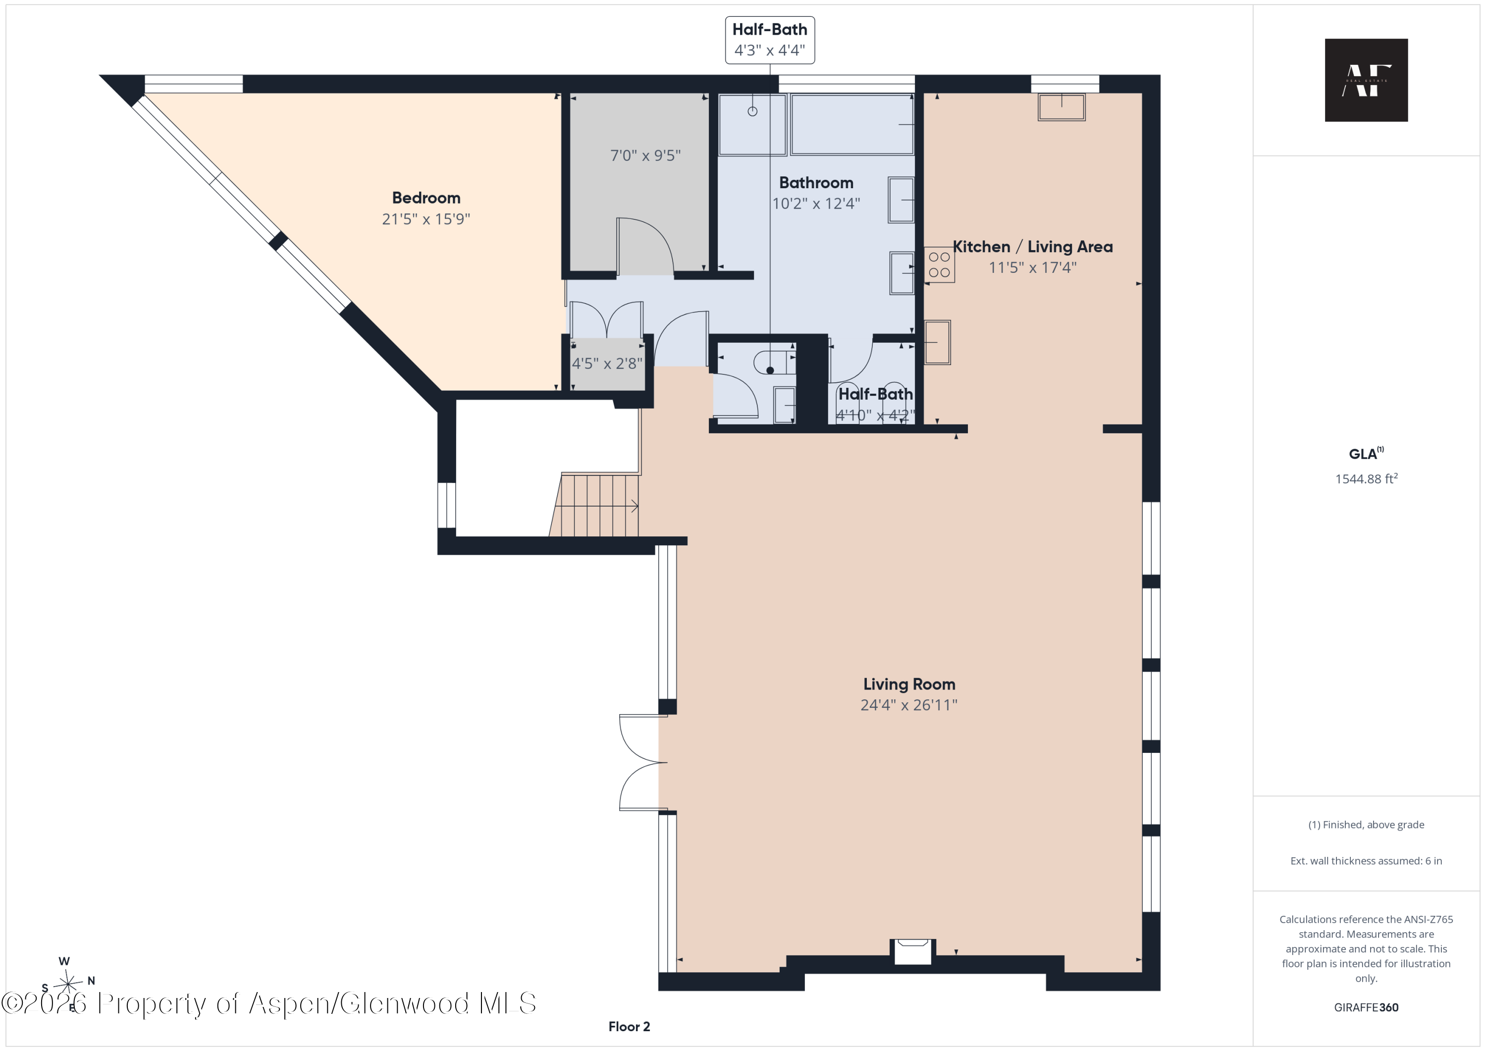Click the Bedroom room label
pyautogui.click(x=426, y=198)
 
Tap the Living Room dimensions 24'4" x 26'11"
pyautogui.click(x=908, y=705)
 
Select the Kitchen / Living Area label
pyautogui.click(x=1032, y=247)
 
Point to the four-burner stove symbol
pyautogui.click(x=939, y=264)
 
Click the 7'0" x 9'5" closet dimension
pyautogui.click(x=645, y=156)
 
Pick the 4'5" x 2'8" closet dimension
pyautogui.click(x=607, y=364)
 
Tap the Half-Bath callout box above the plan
pyautogui.click(x=770, y=40)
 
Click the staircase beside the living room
pyautogui.click(x=594, y=505)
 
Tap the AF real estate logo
pyautogui.click(x=1366, y=80)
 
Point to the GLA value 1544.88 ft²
pyautogui.click(x=1366, y=479)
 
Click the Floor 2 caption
pyautogui.click(x=629, y=1026)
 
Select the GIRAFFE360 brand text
pyautogui.click(x=1366, y=1007)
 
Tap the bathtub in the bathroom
pyautogui.click(x=852, y=124)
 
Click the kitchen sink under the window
pyautogui.click(x=1061, y=107)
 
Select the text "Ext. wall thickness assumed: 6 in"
pyautogui.click(x=1366, y=861)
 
